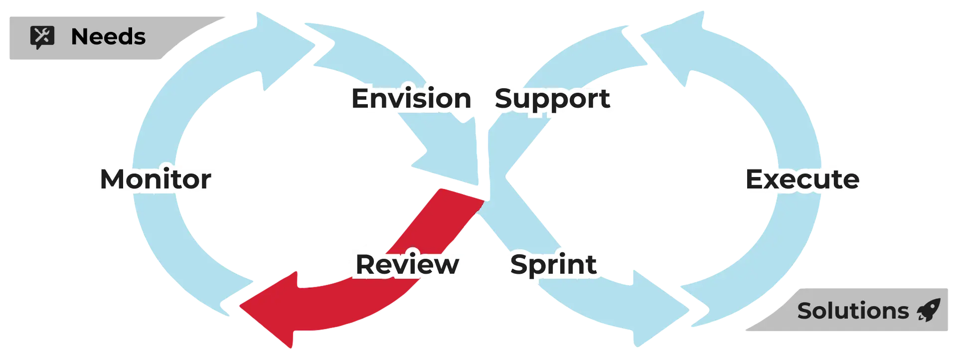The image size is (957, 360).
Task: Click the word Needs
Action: (x=108, y=37)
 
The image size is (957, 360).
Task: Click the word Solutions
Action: (x=853, y=311)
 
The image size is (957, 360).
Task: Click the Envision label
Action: (x=411, y=99)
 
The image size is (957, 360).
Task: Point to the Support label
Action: (x=552, y=99)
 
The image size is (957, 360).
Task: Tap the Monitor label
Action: (x=156, y=180)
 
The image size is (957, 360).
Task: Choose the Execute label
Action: (x=802, y=180)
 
